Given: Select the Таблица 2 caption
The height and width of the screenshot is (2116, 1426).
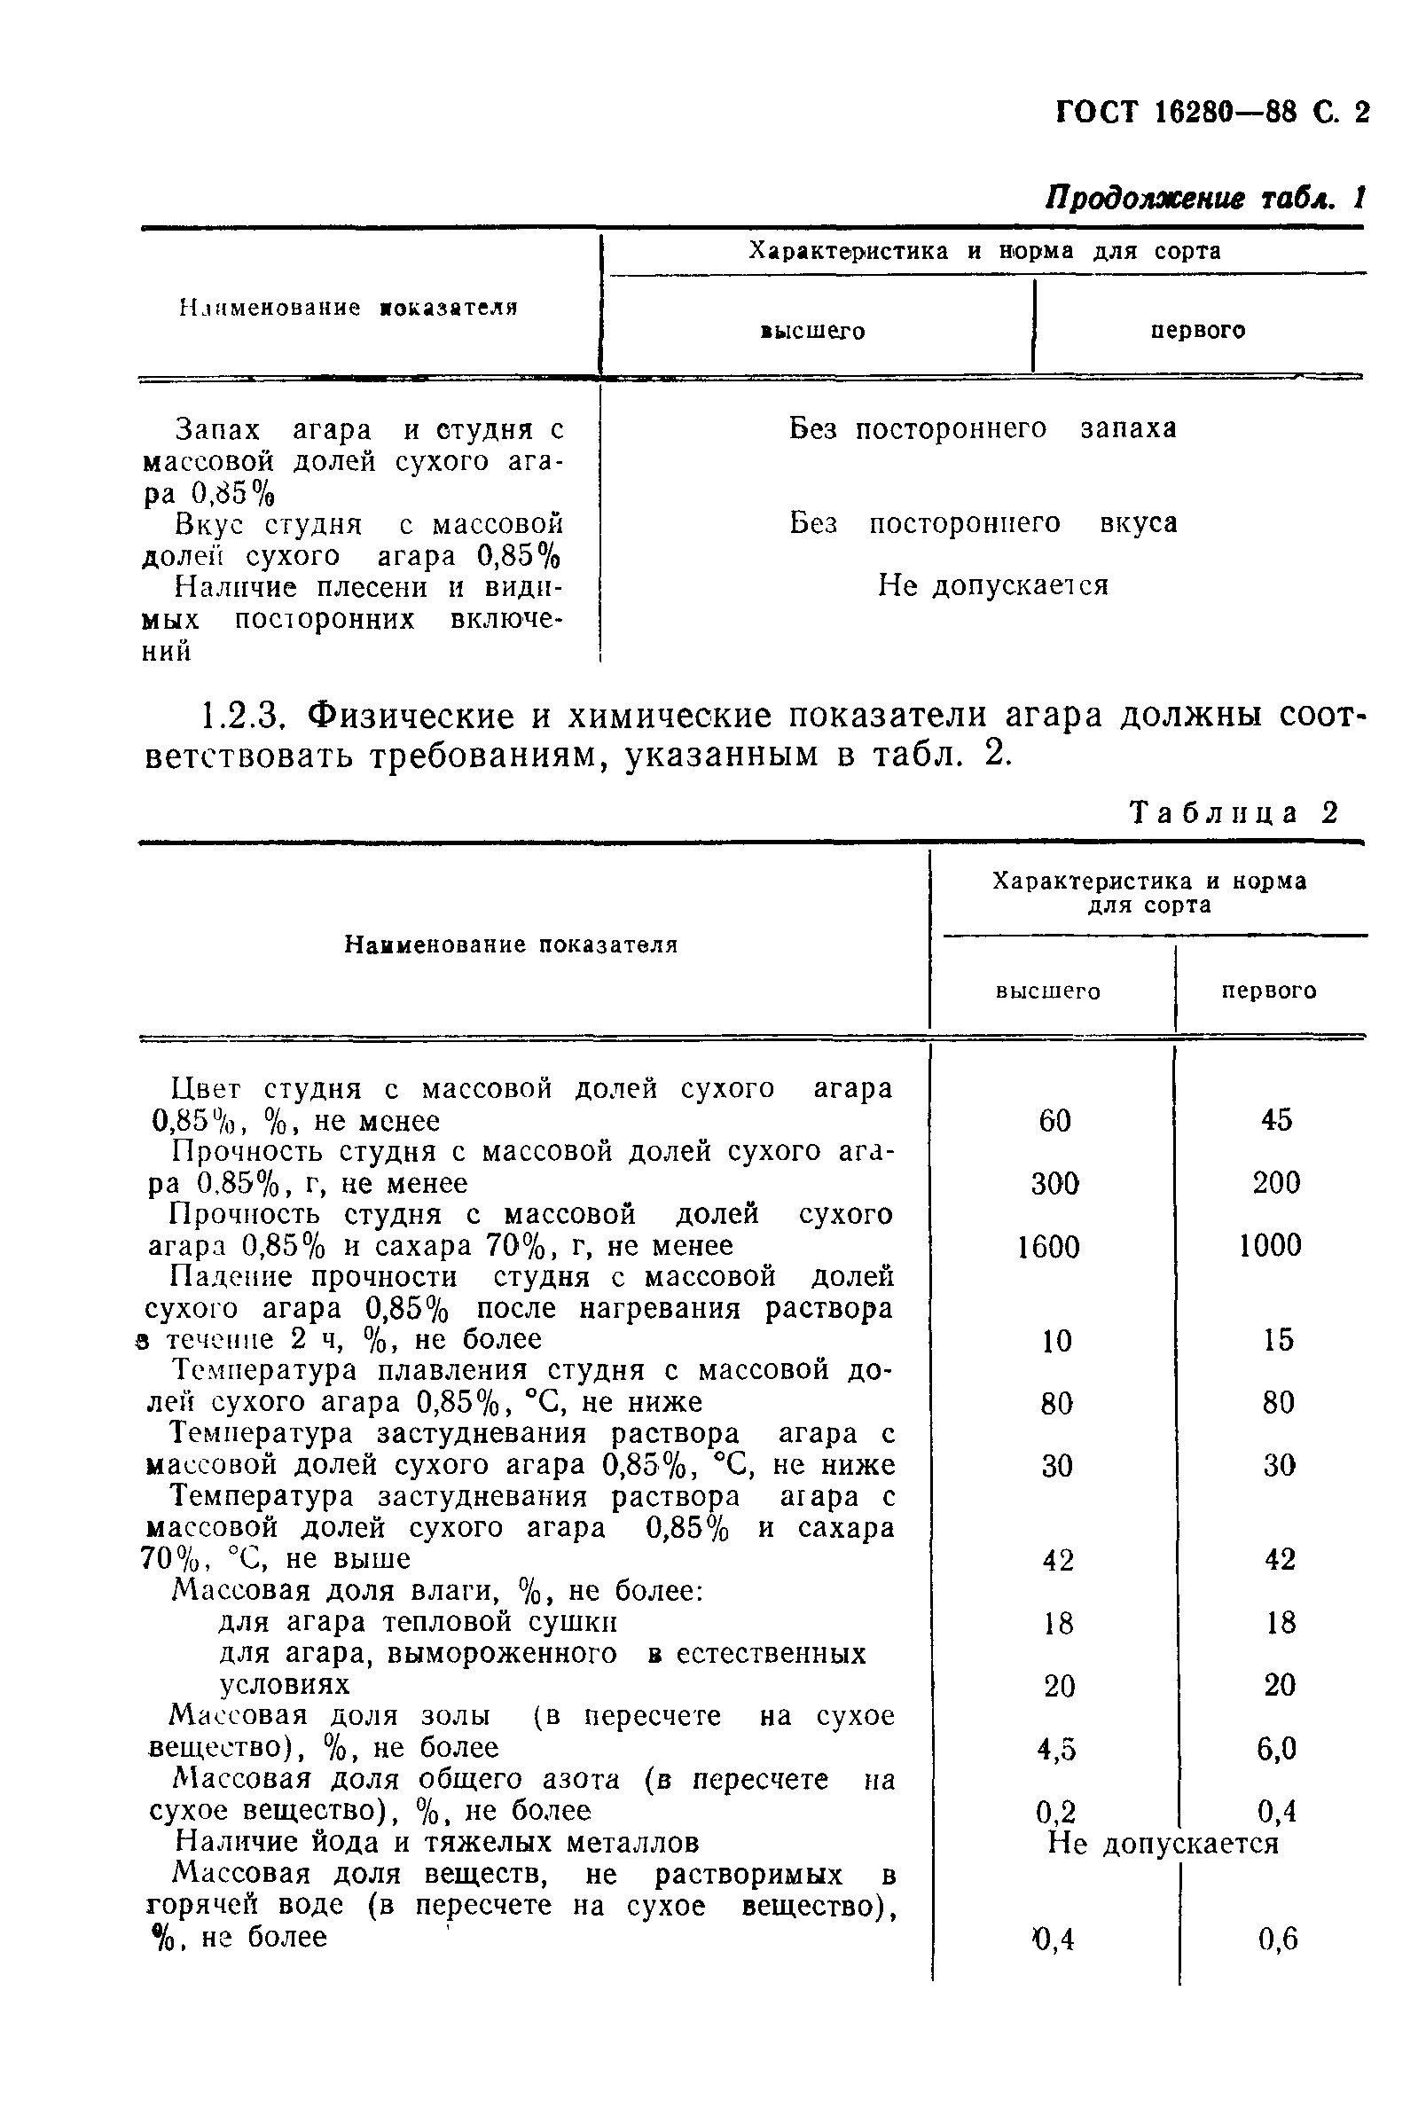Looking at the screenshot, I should (1234, 812).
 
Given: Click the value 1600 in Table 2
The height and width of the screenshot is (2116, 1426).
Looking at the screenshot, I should (1048, 1246).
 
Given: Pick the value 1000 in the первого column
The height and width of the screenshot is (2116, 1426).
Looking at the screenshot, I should (1271, 1245).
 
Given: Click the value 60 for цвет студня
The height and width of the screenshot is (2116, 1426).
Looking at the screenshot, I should (1055, 1120).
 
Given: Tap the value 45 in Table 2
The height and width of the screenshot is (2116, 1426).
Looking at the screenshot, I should (1276, 1119).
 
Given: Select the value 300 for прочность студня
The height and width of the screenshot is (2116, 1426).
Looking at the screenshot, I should (1055, 1183).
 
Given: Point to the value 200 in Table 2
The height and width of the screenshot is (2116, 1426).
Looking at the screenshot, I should (1276, 1182).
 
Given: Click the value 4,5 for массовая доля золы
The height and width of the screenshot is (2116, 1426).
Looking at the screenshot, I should (1057, 1749).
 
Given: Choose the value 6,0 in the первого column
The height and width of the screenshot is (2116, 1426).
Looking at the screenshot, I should (1277, 1749).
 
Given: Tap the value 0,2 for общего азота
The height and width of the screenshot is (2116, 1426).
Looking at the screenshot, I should (1056, 1813).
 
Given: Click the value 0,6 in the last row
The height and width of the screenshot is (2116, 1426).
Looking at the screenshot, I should (1278, 1940).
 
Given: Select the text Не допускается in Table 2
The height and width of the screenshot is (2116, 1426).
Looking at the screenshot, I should (1164, 1843).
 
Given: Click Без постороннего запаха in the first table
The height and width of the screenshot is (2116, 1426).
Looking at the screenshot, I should (983, 427).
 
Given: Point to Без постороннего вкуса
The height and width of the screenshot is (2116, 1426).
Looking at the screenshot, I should (983, 523).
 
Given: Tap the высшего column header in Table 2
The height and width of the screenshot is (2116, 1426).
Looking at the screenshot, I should (1047, 991).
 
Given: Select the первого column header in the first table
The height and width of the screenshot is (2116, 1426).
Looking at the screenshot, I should (1198, 330).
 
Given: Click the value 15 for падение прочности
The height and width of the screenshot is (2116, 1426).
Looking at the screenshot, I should (1278, 1339).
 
